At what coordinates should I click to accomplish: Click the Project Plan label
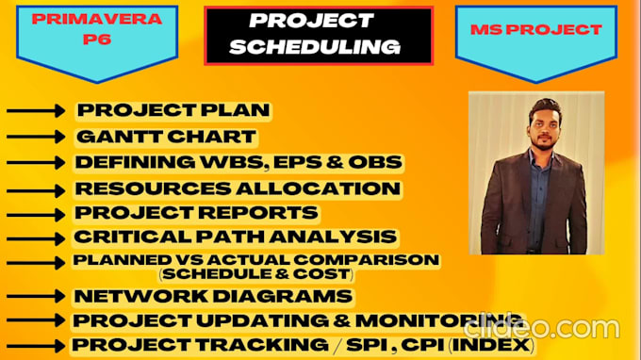point(173,110)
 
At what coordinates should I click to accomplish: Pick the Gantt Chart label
point(165,137)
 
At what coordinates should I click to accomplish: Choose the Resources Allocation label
point(238,188)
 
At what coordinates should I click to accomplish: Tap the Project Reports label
point(196,213)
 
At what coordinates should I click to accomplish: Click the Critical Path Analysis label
point(236,237)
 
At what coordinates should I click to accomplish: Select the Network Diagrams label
point(214,297)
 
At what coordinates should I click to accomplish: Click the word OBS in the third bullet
point(376,162)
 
